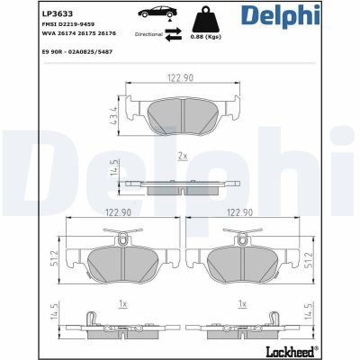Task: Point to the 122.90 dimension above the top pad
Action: coord(181,79)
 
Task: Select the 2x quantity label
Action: coord(181,156)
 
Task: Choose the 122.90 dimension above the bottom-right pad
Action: coord(238,213)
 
